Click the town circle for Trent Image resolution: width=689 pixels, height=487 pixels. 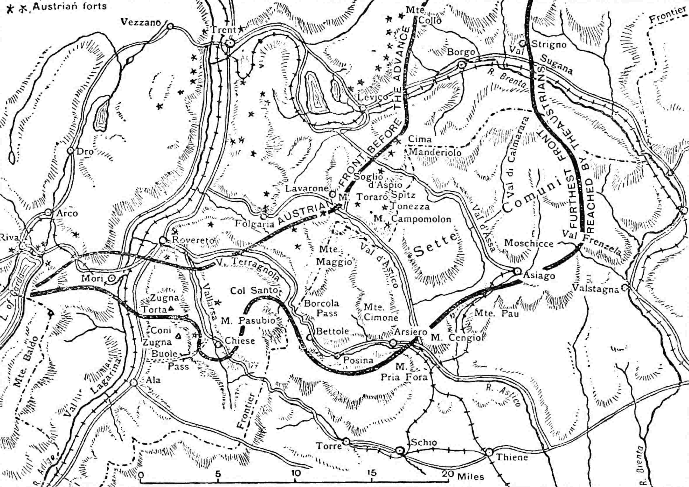[x=230, y=43]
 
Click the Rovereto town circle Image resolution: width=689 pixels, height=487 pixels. [x=163, y=240]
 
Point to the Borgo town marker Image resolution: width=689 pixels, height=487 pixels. [x=462, y=64]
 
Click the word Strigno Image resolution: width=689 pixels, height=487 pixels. [x=549, y=45]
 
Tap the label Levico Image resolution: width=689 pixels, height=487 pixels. [x=373, y=97]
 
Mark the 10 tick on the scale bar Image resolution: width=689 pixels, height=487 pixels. [x=296, y=473]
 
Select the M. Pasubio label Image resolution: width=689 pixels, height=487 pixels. [x=248, y=321]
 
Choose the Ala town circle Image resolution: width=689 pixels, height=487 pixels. [x=134, y=383]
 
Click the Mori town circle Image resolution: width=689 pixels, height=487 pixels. [x=111, y=278]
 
